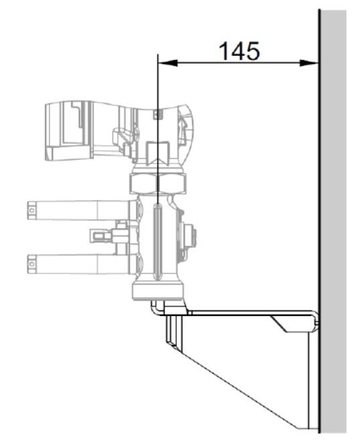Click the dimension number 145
pyautogui.click(x=239, y=52)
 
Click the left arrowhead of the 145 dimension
pyautogui.click(x=168, y=63)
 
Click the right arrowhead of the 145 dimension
pyautogui.click(x=309, y=63)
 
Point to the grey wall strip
pyautogui.click(x=333, y=222)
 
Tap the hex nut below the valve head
pyautogui.click(x=158, y=183)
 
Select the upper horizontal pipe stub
pyautogui.click(x=82, y=210)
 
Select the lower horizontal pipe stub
pyautogui.click(x=82, y=264)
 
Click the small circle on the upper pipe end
pyautogui.click(x=32, y=210)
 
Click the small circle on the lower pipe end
pyautogui.click(x=32, y=264)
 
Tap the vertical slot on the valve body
pyautogui.click(x=157, y=242)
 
